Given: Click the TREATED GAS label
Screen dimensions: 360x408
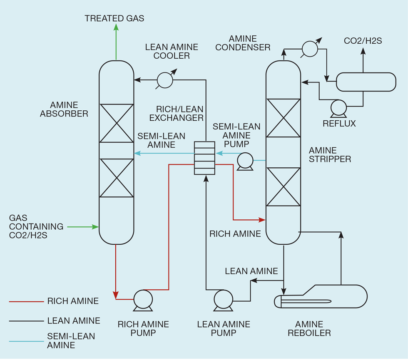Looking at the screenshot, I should [114, 18].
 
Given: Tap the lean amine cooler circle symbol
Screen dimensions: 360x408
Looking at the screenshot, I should [164, 79].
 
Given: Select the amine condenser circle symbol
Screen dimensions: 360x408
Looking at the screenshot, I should [309, 49].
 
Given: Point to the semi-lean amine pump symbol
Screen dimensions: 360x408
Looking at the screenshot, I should [245, 160].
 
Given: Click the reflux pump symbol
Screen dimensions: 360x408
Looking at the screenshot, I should [339, 108].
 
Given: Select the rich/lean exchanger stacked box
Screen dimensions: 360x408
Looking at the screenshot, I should [205, 158].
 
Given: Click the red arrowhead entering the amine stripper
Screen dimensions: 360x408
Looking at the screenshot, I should [263, 219].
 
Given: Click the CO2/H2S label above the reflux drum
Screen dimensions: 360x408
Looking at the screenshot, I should [363, 41].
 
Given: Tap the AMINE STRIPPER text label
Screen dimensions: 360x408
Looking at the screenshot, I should [330, 154].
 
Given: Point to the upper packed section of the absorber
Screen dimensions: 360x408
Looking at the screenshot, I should [117, 123].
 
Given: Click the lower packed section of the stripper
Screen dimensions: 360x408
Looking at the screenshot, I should [283, 187].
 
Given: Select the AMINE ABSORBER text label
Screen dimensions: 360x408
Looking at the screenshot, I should [64, 109].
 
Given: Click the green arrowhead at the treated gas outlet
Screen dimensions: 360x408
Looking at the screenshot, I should [116, 28].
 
